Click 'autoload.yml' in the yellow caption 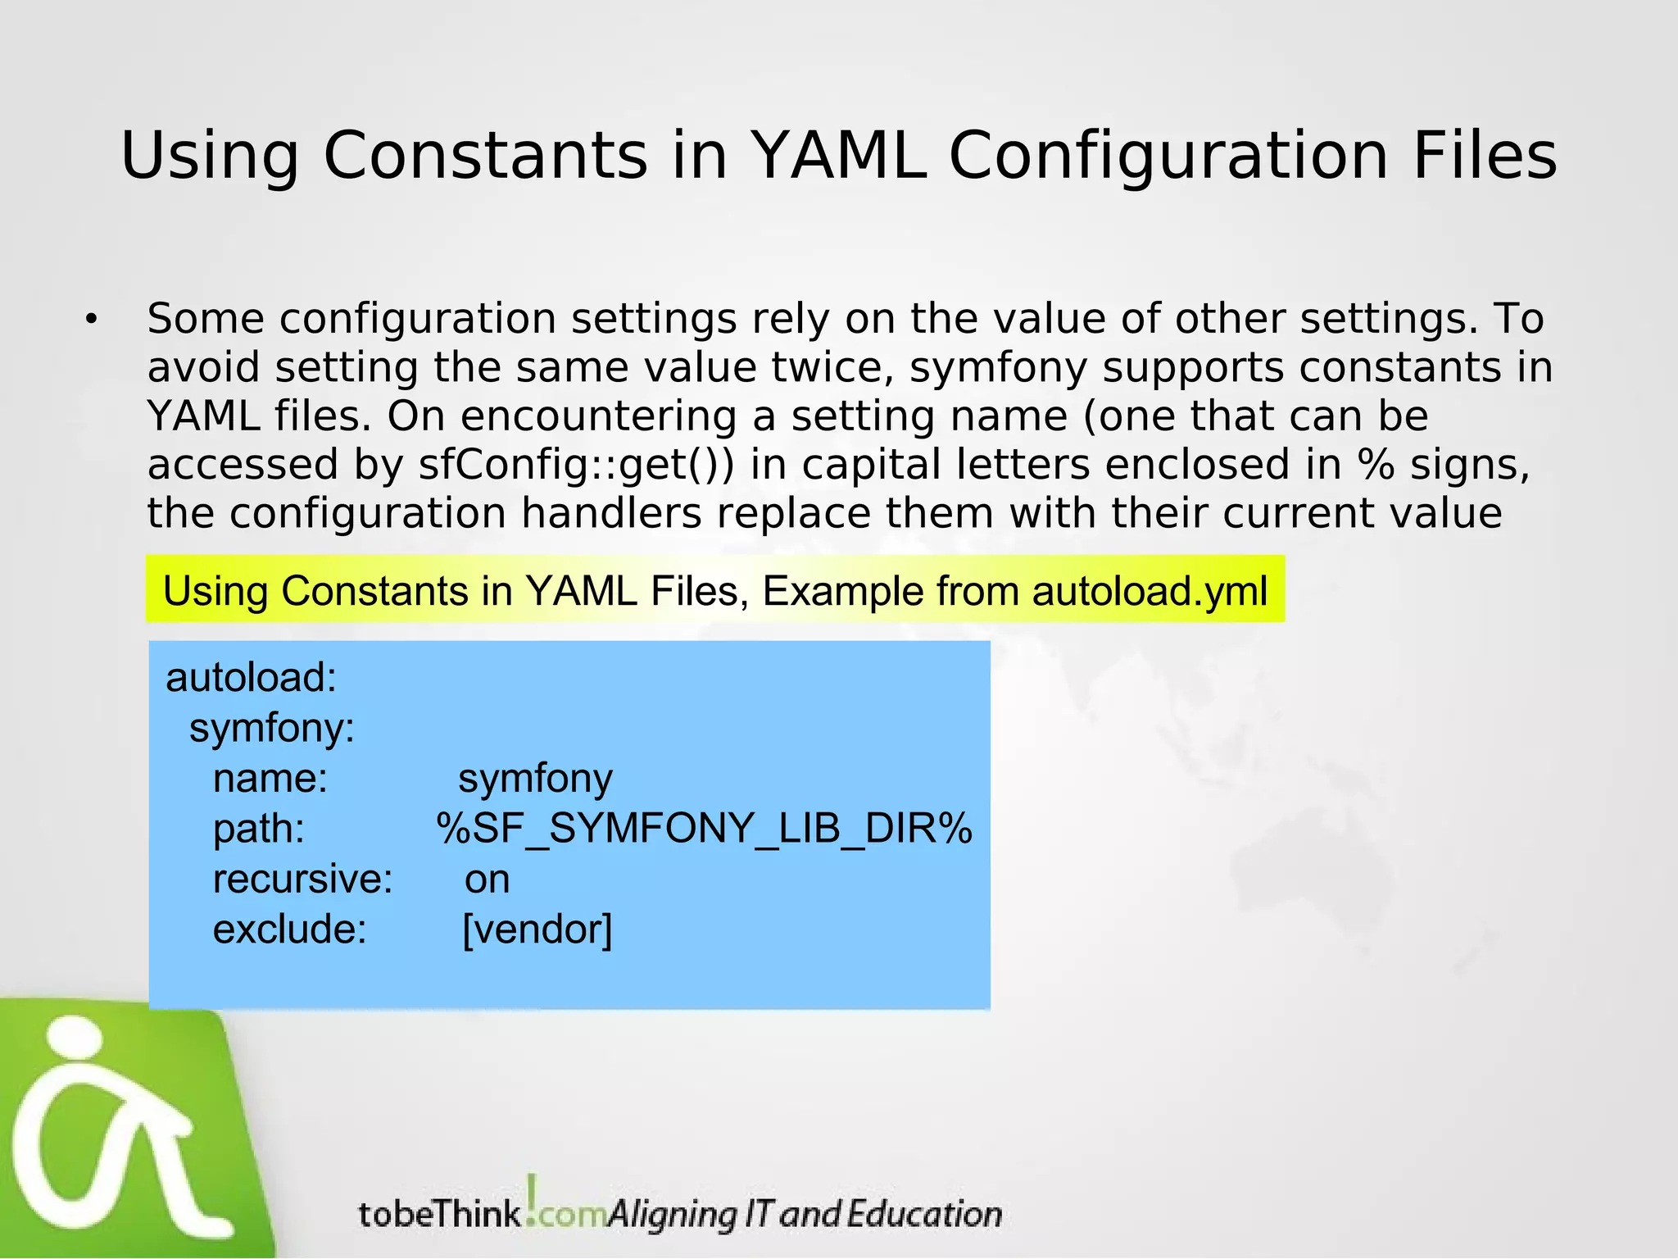[x=1150, y=591]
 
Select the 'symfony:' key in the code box [x=272, y=728]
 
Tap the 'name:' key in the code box [x=270, y=779]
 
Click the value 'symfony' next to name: [x=535, y=779]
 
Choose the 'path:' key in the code [x=259, y=829]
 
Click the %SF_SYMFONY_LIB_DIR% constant [x=704, y=829]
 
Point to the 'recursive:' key [x=303, y=879]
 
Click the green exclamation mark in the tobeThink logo [x=533, y=1193]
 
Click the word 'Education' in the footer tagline [x=924, y=1214]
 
